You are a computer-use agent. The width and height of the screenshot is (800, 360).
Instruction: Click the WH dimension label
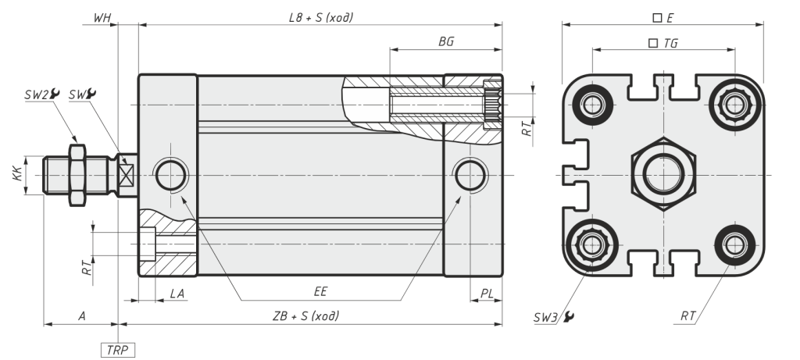[102, 16]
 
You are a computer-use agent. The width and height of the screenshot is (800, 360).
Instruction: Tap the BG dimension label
[446, 42]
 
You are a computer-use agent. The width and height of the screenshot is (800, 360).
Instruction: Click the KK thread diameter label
[17, 175]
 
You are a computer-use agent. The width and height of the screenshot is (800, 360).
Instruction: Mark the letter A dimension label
[81, 315]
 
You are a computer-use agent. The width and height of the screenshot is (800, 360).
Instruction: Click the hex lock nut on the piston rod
[77, 175]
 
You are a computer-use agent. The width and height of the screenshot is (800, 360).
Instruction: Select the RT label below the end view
[688, 316]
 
